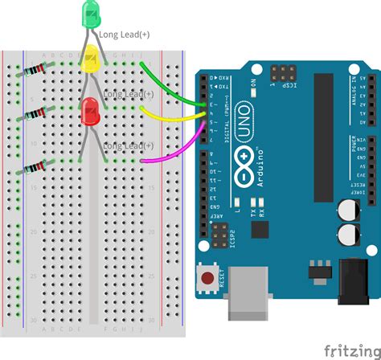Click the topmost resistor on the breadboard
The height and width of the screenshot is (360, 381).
tap(33, 72)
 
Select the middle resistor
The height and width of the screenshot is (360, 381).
tap(33, 117)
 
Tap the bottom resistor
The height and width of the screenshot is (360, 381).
tap(33, 168)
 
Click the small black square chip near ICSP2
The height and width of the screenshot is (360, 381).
tap(259, 231)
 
